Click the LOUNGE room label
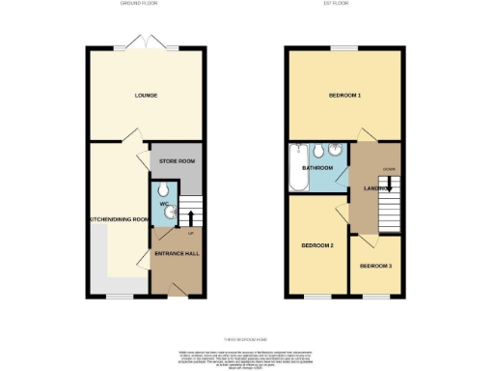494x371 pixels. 146,96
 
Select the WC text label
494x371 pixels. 163,205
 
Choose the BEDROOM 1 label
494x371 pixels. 343,96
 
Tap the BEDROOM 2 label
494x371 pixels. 317,245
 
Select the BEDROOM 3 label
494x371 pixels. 374,265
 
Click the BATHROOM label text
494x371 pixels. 317,168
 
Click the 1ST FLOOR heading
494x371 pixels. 342,5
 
